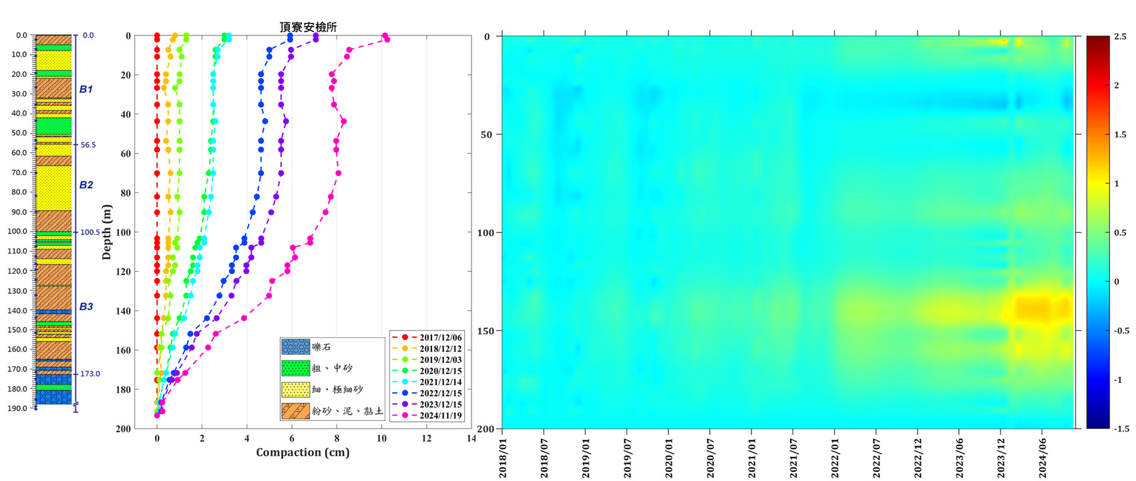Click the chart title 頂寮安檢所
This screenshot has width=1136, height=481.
click(x=308, y=27)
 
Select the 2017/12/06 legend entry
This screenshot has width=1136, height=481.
click(x=440, y=337)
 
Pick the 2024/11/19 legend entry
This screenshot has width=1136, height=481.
click(x=440, y=416)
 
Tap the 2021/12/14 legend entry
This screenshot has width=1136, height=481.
click(x=440, y=382)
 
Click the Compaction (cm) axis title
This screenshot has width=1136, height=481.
click(x=303, y=452)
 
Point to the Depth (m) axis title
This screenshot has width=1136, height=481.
click(x=107, y=232)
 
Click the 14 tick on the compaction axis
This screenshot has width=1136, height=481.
click(x=471, y=439)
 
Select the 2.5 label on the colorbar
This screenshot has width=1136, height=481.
click(x=1121, y=37)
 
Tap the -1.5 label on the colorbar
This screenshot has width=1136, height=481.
click(x=1119, y=429)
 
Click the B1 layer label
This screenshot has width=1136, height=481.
click(x=86, y=89)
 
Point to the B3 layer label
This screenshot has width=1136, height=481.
click(x=86, y=307)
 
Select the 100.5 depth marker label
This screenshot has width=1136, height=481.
click(x=90, y=232)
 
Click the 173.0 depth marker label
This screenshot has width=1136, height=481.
click(x=90, y=374)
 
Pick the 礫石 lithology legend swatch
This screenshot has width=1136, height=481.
click(x=295, y=347)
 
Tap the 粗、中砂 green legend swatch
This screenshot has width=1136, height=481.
click(x=295, y=368)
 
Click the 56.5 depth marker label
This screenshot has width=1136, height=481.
click(x=88, y=145)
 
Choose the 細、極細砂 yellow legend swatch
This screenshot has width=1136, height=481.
click(x=295, y=389)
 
